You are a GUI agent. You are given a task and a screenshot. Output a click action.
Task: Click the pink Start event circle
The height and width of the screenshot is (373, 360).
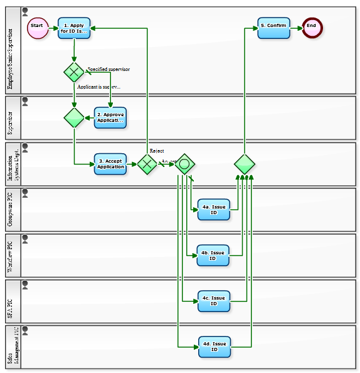pyautogui.click(x=38, y=27)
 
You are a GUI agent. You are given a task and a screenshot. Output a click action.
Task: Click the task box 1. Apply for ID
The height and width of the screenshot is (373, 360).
pyautogui.click(x=74, y=28)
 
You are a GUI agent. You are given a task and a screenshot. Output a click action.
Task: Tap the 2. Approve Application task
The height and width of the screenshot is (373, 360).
pyautogui.click(x=110, y=117)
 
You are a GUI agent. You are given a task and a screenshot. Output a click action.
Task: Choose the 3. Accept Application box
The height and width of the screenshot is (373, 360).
pyautogui.click(x=110, y=164)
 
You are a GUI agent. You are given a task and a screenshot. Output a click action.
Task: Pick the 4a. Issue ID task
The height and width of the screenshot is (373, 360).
pyautogui.click(x=213, y=210)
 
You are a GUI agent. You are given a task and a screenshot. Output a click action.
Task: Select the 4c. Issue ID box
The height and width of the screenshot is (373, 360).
pyautogui.click(x=213, y=301)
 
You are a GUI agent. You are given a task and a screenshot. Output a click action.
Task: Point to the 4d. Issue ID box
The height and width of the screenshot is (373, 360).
pyautogui.click(x=214, y=347)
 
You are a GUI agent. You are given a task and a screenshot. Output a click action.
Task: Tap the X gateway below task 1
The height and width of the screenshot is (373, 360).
pyautogui.click(x=74, y=72)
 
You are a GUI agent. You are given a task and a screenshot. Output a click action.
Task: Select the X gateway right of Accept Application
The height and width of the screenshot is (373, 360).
pyautogui.click(x=147, y=165)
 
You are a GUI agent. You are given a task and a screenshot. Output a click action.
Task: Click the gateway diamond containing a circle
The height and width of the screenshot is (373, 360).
pyautogui.click(x=184, y=165)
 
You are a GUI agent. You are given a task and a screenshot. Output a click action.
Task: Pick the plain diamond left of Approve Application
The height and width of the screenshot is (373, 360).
pyautogui.click(x=74, y=117)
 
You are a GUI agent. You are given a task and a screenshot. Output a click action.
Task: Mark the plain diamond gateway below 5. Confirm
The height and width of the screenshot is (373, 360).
pyautogui.click(x=245, y=165)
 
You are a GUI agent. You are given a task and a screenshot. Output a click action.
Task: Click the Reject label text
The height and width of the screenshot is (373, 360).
pyautogui.click(x=157, y=151)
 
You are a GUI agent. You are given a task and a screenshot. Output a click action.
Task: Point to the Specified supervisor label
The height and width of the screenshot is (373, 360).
pyautogui.click(x=109, y=69)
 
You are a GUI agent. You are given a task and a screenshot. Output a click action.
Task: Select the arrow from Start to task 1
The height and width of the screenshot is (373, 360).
pyautogui.click(x=53, y=28)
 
